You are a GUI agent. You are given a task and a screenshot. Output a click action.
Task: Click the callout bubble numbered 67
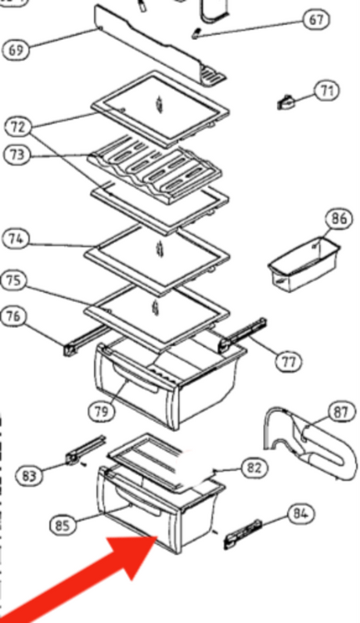pos(316,20)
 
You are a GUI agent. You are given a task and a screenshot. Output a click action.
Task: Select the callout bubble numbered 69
pos(16,50)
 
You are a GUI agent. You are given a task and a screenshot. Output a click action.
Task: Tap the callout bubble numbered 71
pos(326,91)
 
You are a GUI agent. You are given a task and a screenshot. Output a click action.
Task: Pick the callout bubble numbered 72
pos(18,127)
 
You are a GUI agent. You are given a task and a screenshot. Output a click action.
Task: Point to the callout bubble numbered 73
pos(16,154)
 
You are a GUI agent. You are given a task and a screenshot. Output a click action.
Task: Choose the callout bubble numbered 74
pos(16,239)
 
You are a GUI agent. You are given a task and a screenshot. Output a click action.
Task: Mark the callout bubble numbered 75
pos(14,280)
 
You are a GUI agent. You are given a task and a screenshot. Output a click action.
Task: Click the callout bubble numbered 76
pos(14,316)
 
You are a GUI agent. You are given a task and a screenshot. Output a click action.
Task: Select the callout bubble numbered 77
pos(289,362)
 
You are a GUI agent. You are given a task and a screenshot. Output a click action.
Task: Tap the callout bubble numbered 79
pos(101,411)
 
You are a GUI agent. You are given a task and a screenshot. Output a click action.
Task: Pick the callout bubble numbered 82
pos(254,468)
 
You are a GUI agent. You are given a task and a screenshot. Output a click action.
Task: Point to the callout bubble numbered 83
pos(29,476)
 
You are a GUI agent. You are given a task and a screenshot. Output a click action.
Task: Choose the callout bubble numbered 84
pos(301,513)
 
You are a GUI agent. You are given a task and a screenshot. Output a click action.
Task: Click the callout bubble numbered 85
pos(63,525)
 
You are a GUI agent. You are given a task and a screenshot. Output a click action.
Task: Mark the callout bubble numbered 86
pos(339,219)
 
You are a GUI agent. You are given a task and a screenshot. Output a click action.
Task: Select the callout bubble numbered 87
pos(341,412)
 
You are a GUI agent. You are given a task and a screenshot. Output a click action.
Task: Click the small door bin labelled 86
pos(304,265)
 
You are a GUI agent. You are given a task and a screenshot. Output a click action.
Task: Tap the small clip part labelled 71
pos(286,103)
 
